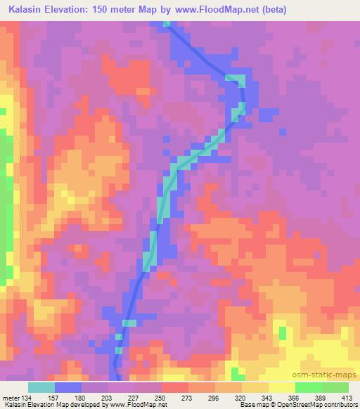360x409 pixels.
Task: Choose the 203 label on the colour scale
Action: (x=109, y=397)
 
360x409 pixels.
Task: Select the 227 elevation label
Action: (x=136, y=397)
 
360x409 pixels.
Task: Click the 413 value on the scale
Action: (x=347, y=397)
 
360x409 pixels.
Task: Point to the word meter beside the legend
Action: (x=11, y=397)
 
